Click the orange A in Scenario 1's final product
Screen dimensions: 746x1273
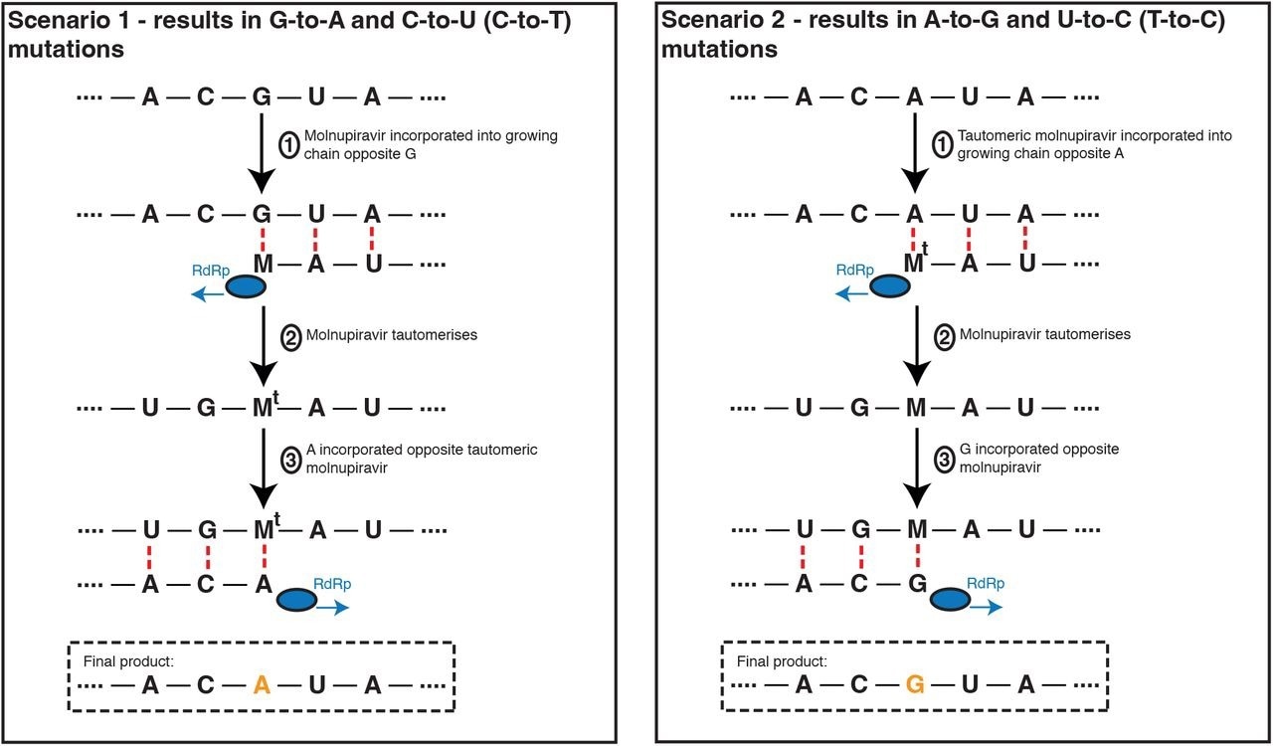pyautogui.click(x=262, y=685)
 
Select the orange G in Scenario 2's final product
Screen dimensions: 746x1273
pyautogui.click(x=916, y=685)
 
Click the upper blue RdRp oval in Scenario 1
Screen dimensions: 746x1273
pyautogui.click(x=245, y=286)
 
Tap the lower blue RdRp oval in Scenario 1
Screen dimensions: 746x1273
pyautogui.click(x=296, y=600)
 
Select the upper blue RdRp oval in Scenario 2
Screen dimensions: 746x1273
pyautogui.click(x=891, y=286)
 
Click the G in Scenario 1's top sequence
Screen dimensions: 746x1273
pyautogui.click(x=262, y=97)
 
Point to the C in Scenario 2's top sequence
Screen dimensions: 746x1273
pyautogui.click(x=859, y=97)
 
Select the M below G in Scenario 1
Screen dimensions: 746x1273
pyautogui.click(x=263, y=263)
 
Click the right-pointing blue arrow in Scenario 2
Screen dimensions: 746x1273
pyautogui.click(x=988, y=608)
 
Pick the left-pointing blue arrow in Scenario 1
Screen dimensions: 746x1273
pyautogui.click(x=208, y=294)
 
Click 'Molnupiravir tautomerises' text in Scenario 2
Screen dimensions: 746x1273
pyautogui.click(x=1044, y=334)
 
